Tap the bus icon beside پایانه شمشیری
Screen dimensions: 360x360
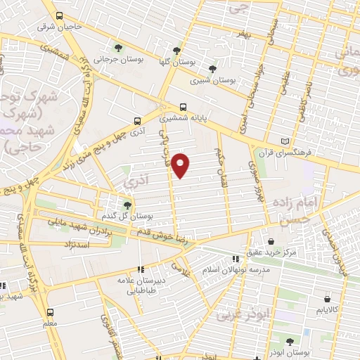pyautogui.click(x=184, y=108)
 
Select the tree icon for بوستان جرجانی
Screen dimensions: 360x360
pyautogui.click(x=118, y=49)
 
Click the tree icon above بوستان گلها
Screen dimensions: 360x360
pyautogui.click(x=176, y=51)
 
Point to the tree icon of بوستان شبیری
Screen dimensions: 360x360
pyautogui.click(x=212, y=68)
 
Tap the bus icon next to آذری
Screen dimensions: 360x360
pyautogui.click(x=137, y=120)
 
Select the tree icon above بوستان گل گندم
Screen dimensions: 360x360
pyautogui.click(x=127, y=205)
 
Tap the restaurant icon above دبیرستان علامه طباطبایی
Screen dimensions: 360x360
pyautogui.click(x=141, y=269)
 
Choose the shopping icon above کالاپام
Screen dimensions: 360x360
pyautogui.click(x=327, y=298)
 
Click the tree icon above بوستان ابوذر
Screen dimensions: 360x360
pyautogui.click(x=290, y=341)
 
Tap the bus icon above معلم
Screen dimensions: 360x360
pyautogui.click(x=50, y=310)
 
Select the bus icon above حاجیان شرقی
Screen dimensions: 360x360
pyautogui.click(x=59, y=15)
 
